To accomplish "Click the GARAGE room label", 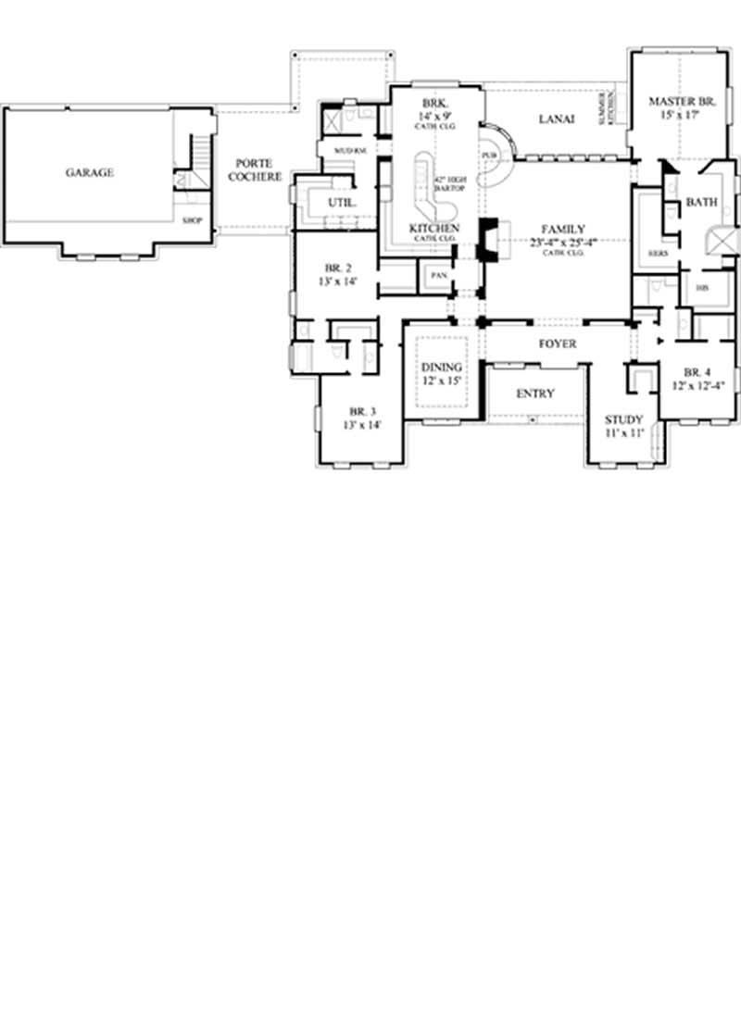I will click(x=90, y=172).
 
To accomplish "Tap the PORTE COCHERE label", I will click(x=252, y=169).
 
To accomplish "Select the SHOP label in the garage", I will click(x=193, y=220).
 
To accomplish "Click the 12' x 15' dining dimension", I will click(x=441, y=381).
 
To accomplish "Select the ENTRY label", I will click(x=534, y=393).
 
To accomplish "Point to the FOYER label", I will click(x=558, y=343).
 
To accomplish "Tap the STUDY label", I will click(x=623, y=419).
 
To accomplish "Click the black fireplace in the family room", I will click(x=486, y=239).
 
